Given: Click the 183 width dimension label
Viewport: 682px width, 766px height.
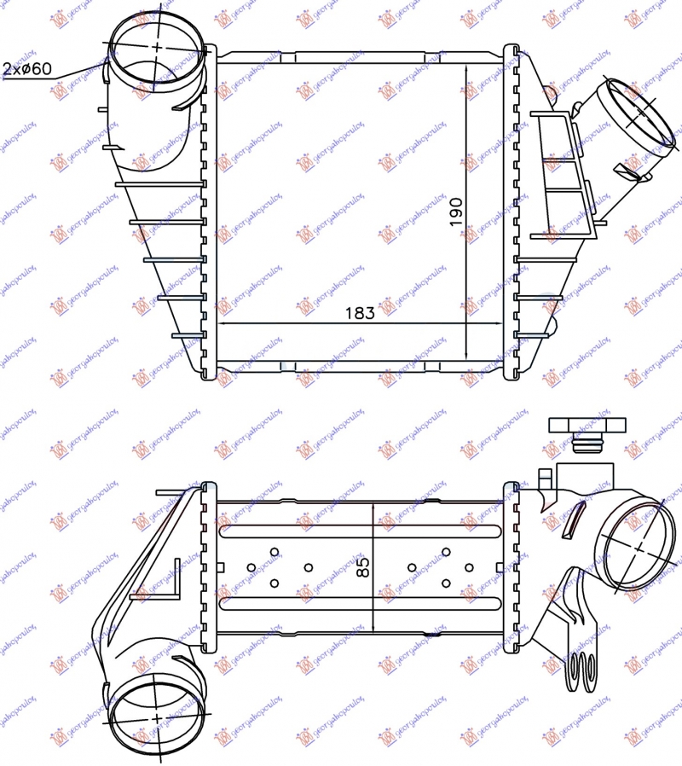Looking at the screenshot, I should (x=360, y=313).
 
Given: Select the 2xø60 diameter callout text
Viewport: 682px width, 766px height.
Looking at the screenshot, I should (x=26, y=68).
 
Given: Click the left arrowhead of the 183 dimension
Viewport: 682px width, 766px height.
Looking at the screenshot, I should (x=223, y=324).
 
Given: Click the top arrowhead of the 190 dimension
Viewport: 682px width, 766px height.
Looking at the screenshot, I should (x=466, y=68).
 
